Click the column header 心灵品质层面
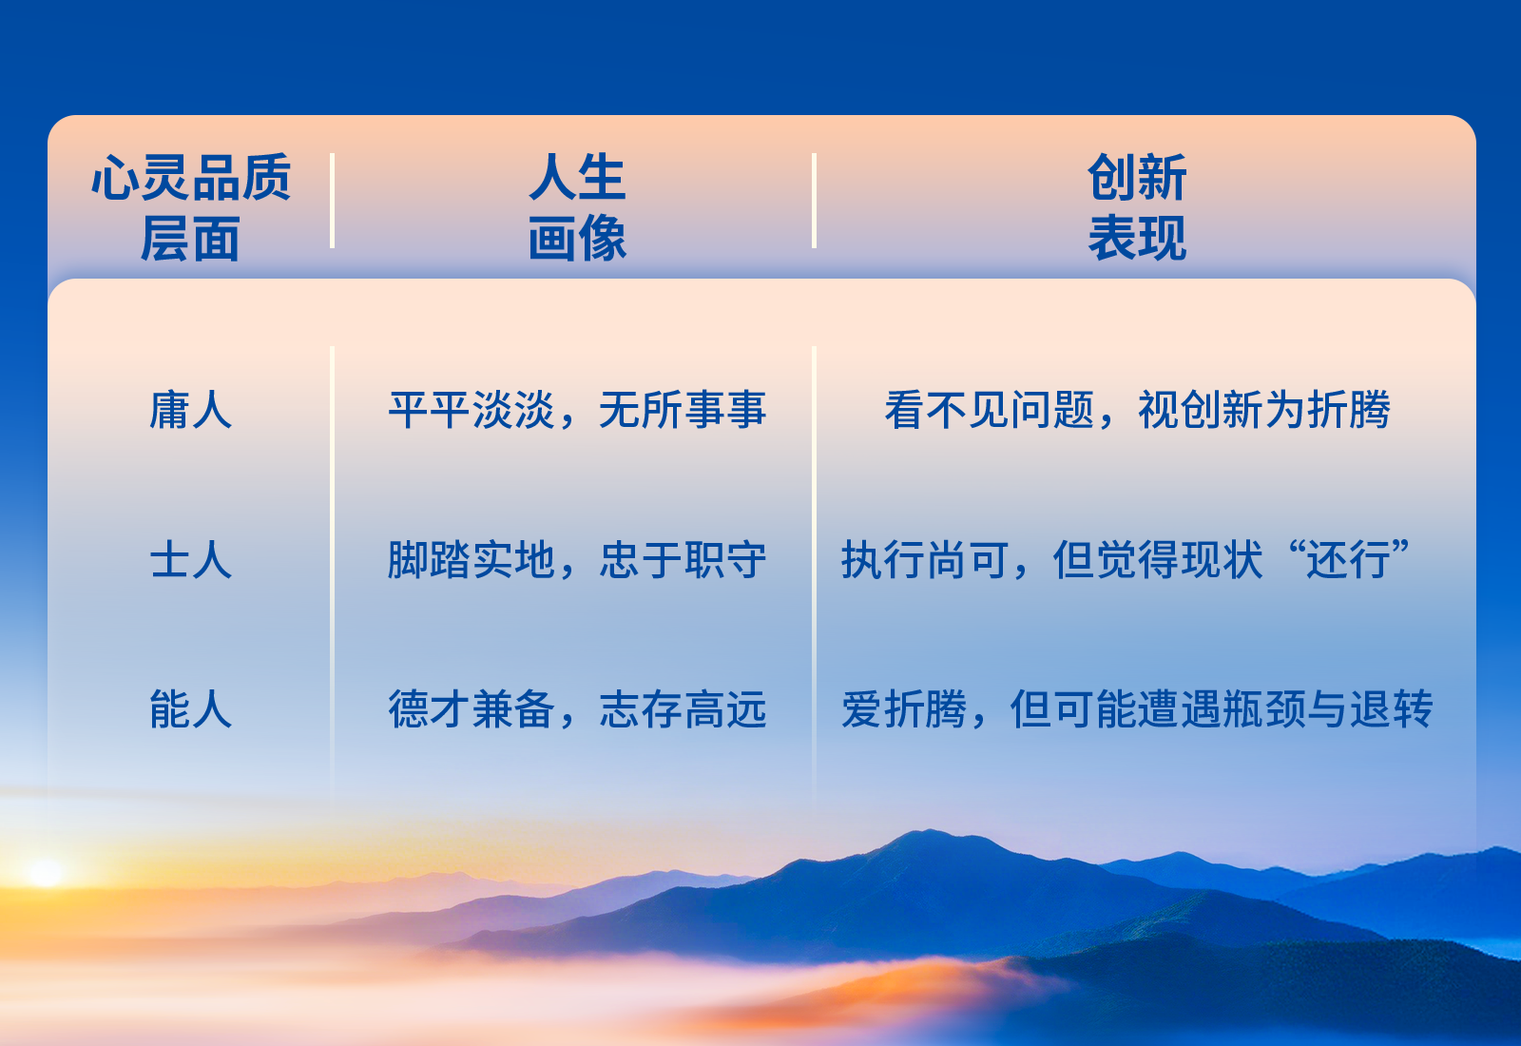[x=191, y=208]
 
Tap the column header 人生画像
[x=577, y=208]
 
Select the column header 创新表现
[x=1137, y=208]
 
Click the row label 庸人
[x=191, y=410]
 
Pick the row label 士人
[x=191, y=560]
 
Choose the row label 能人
[x=191, y=709]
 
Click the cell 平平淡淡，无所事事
[x=577, y=410]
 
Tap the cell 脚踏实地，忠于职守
[x=577, y=560]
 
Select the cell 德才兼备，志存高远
[x=577, y=709]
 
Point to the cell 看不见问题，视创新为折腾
[x=1137, y=410]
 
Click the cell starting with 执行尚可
[x=1126, y=560]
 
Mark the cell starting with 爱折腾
[x=1137, y=709]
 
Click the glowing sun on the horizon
[x=45, y=873]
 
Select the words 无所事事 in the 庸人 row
[x=683, y=410]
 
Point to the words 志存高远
[x=683, y=709]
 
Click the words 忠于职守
[x=683, y=560]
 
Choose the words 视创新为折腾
[x=1264, y=410]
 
